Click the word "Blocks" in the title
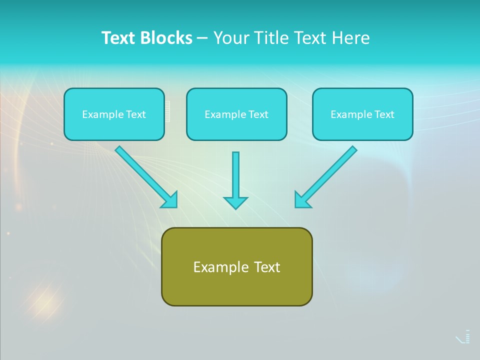click(167, 38)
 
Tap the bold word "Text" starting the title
click(119, 38)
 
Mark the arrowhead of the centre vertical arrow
click(235, 202)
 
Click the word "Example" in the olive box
click(214, 267)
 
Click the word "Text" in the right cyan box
click(384, 114)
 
